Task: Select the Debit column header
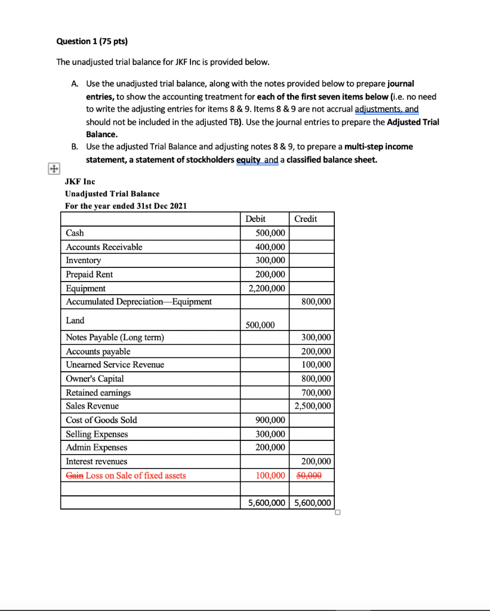coord(255,219)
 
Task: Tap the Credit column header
coord(306,219)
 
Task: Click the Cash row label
coord(75,233)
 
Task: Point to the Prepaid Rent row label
coord(89,274)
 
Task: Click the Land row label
coord(75,320)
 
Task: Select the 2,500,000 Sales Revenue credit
coord(313,406)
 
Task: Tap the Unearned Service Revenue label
coord(115,365)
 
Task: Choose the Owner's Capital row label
coord(95,379)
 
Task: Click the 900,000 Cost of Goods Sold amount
coord(270,420)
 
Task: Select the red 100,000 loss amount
coord(270,476)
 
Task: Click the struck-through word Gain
coord(75,476)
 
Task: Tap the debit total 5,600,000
coord(266,503)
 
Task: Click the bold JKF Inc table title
coord(80,181)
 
